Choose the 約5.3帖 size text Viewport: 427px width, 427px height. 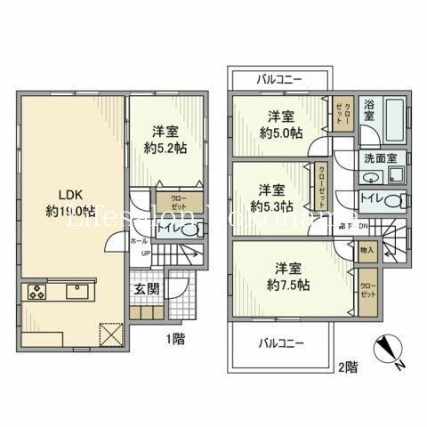(270, 205)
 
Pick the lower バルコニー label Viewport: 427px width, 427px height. (280, 342)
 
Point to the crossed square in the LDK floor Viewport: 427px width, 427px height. (109, 333)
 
